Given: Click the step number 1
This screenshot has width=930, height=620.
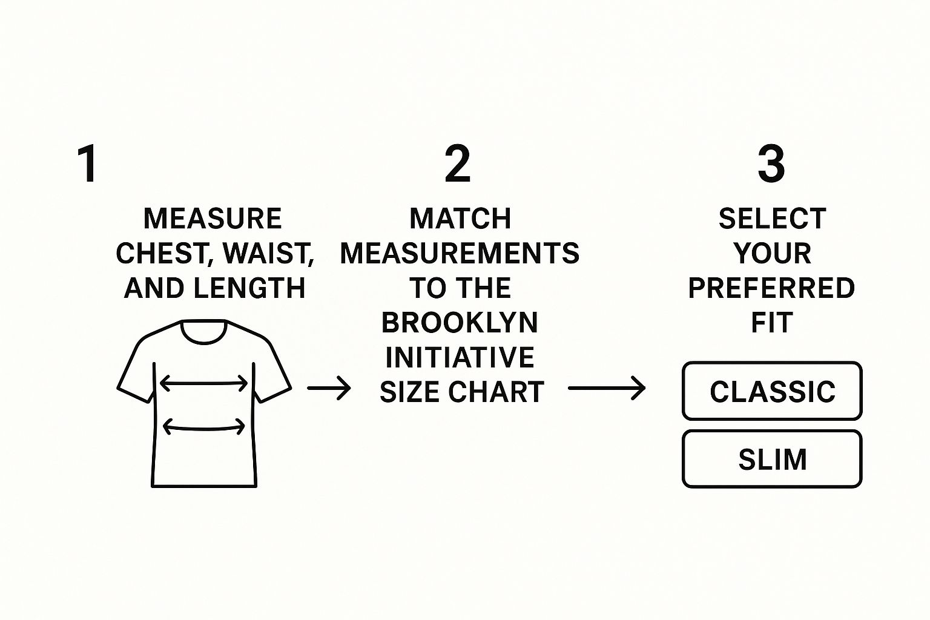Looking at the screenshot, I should [x=88, y=163].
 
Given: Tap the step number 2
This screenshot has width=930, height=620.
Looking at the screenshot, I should [x=458, y=163].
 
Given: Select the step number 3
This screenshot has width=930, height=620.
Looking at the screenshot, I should [x=771, y=163].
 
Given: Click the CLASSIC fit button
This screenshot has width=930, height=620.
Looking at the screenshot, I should [x=772, y=391].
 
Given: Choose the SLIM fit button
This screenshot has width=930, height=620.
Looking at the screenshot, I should [x=772, y=459].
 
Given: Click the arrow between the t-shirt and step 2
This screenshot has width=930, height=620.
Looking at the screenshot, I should [x=329, y=388].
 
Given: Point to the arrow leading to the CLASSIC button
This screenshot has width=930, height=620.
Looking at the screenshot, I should [x=607, y=388].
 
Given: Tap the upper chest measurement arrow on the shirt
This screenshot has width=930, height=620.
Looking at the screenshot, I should [x=203, y=383].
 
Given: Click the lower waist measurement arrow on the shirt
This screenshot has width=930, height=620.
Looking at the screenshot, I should [x=203, y=427].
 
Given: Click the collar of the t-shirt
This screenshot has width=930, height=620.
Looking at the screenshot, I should [x=204, y=332].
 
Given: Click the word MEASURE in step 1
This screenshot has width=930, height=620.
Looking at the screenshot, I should [x=213, y=219].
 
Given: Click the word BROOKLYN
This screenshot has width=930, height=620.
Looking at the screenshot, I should [x=460, y=323].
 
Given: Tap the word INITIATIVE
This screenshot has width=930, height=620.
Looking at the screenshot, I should [x=460, y=357].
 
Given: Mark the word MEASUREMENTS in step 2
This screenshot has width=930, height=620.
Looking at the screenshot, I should [x=460, y=253].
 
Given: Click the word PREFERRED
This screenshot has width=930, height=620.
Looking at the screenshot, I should [x=771, y=288].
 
